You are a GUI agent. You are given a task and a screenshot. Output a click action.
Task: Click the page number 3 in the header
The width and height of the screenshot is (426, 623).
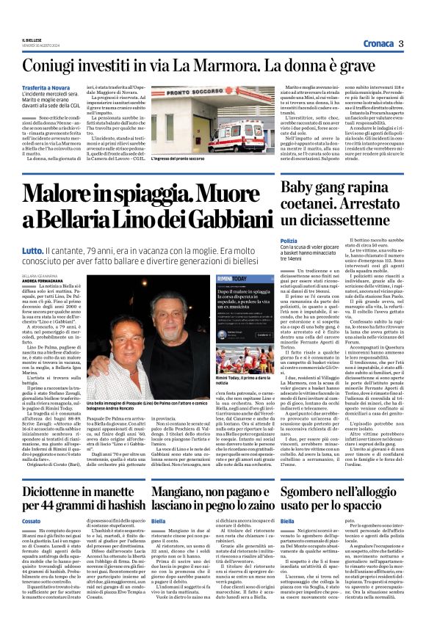click(402, 43)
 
